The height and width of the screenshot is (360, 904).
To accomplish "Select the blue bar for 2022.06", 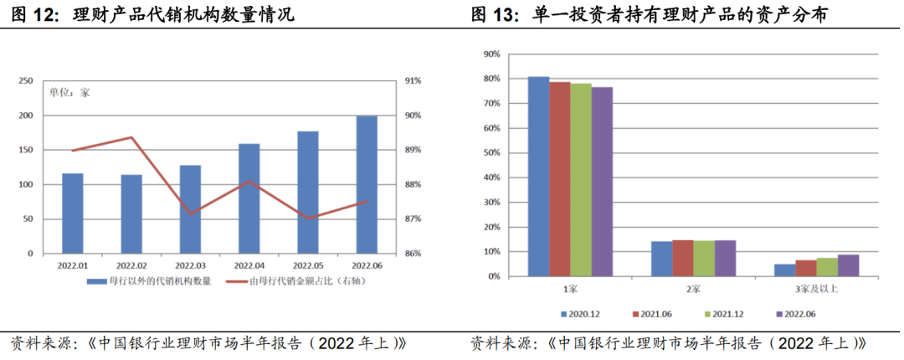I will coord(367,184).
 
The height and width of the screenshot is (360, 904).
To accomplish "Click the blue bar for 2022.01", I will coord(73,213).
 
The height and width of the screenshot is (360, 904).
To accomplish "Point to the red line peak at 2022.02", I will coord(131,137).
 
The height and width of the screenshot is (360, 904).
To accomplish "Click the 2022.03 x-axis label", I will coord(190,266).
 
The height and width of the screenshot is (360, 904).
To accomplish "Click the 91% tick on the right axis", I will coord(413,81).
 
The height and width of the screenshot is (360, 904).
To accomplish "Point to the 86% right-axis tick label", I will coord(413,253).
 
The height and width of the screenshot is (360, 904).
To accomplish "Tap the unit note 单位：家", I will coord(69,93).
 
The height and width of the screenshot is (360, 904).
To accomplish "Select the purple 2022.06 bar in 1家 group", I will coord(602,181).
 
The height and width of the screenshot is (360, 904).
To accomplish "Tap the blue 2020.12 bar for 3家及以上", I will coord(784,270).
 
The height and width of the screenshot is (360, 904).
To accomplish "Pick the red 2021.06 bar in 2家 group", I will coord(683,258).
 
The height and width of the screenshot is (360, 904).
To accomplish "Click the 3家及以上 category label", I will coord(816,289).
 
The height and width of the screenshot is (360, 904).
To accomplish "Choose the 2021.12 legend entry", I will coord(722,314).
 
